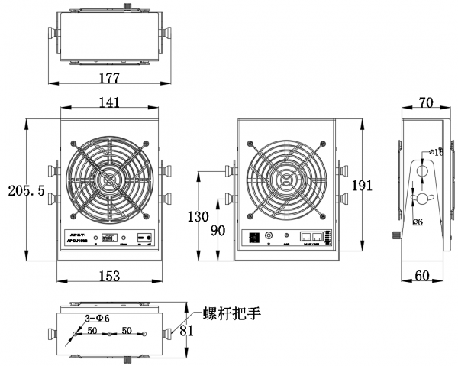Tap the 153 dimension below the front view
tap(110, 277)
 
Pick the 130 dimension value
tap(198, 216)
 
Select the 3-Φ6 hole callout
tap(96, 317)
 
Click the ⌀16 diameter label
tap(436, 153)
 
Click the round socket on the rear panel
tap(269, 236)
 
